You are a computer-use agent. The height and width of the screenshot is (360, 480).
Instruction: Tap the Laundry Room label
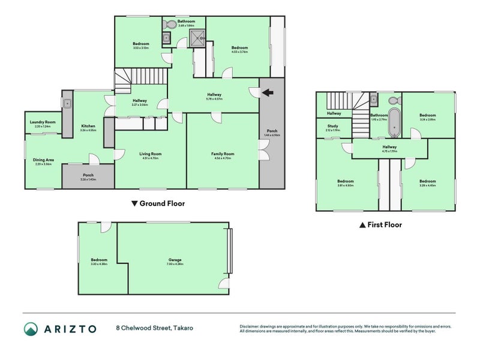[x=41, y=122]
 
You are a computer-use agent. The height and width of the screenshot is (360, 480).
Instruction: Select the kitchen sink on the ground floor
[x=68, y=103]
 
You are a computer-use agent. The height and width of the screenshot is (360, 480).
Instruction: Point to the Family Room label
[x=222, y=154]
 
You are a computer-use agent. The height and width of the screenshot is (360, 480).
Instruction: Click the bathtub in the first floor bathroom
[x=395, y=121]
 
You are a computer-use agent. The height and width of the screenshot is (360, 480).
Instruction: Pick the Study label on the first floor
[x=332, y=126]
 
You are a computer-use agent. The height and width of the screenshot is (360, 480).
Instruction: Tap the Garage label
[x=175, y=260]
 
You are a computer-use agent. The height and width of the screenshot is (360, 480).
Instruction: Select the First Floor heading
[x=380, y=225]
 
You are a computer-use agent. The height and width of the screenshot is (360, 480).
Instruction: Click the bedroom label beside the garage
[x=99, y=260]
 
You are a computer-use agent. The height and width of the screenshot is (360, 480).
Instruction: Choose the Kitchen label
[x=88, y=125]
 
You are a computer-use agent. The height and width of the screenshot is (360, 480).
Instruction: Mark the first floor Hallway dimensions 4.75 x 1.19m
[x=389, y=151]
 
